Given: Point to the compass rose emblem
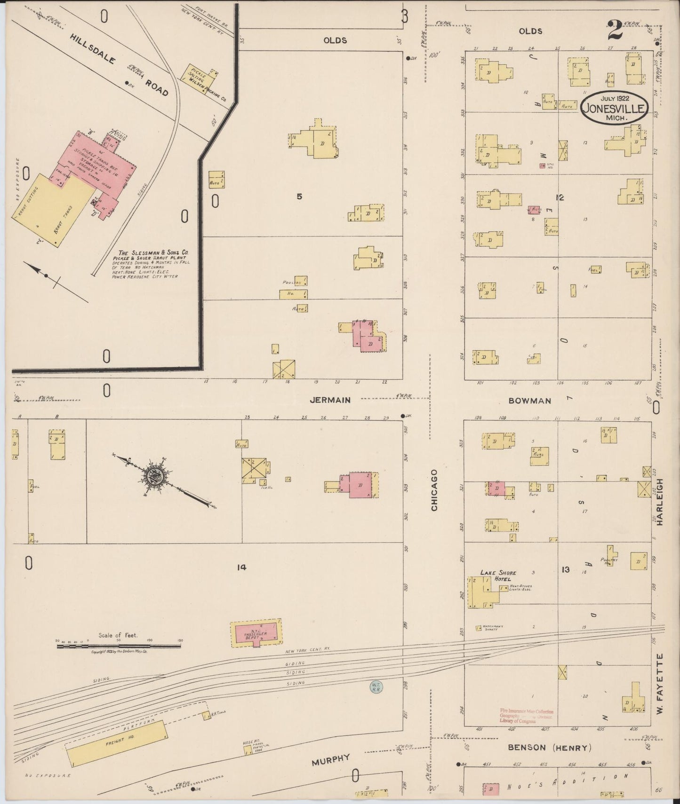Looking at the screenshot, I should click(x=156, y=478).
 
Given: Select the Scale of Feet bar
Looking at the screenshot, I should click(x=118, y=646).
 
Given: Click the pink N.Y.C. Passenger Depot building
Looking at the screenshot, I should click(x=256, y=633).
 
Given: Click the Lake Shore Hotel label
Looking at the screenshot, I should click(x=498, y=575).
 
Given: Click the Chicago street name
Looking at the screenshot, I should click(x=434, y=490).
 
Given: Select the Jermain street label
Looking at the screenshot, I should click(x=330, y=400).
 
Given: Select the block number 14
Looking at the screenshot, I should click(x=241, y=568).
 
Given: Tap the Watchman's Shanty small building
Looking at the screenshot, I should click(x=479, y=628).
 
